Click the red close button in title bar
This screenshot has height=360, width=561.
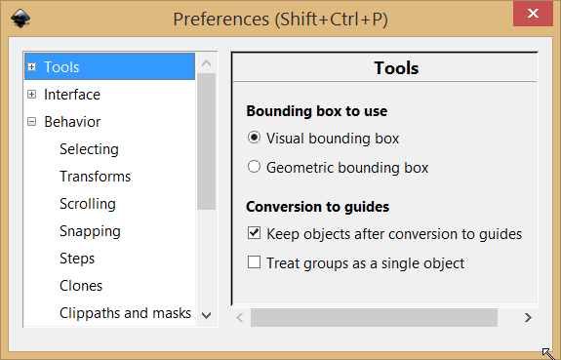[535, 19]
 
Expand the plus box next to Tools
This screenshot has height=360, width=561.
[32, 67]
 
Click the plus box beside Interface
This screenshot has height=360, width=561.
[32, 95]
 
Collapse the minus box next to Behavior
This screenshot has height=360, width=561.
[32, 122]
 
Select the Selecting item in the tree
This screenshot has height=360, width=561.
[89, 149]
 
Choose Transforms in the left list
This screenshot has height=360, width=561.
[95, 177]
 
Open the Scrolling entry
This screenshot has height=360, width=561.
[87, 204]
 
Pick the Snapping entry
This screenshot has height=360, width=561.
[90, 231]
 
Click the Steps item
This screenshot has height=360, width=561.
[77, 259]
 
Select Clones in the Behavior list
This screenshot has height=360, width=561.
[81, 286]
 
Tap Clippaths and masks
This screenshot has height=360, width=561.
[125, 313]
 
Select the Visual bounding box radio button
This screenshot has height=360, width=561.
[255, 139]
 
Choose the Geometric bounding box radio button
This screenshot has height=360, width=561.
[255, 167]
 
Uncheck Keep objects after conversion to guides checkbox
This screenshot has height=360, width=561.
[255, 234]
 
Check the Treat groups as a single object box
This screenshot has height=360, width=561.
[255, 262]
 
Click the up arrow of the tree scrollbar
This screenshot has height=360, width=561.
[207, 63]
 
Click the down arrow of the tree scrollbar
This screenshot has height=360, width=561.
[207, 314]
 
